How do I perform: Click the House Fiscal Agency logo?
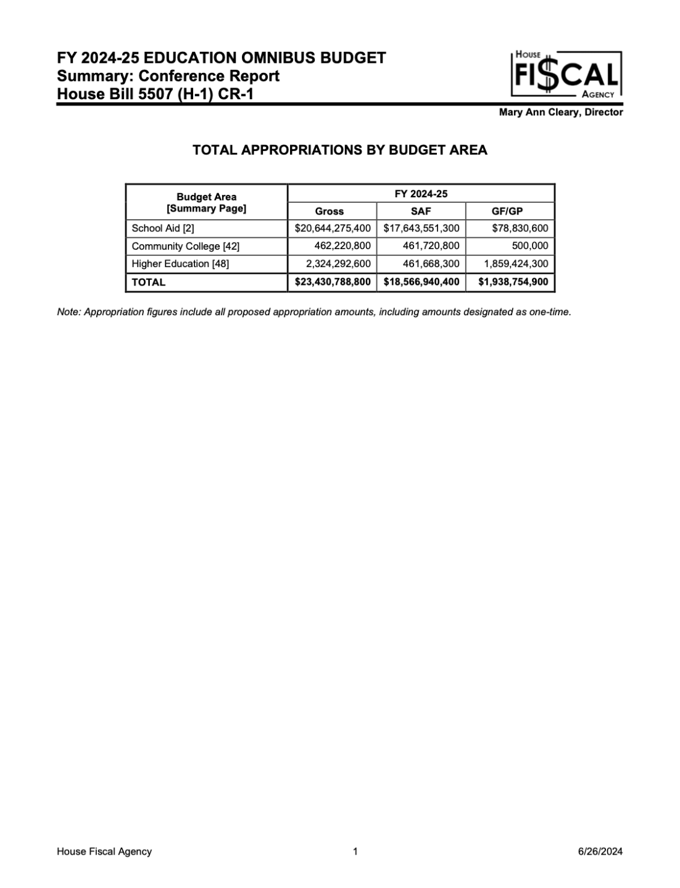coord(566,75)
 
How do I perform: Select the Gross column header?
coord(329,211)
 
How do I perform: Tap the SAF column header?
coord(421,211)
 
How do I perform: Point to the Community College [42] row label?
coord(185,246)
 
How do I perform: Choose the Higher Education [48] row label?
coord(180,264)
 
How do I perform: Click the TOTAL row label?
coord(149,282)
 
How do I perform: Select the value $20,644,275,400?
coord(333,228)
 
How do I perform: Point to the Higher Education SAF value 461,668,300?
coord(427,264)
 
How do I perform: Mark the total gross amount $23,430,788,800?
coord(333,282)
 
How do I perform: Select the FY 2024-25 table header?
coord(421,194)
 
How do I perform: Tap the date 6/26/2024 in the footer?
coord(600,852)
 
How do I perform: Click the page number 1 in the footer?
coord(355,852)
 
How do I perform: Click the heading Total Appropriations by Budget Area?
coord(340,150)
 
